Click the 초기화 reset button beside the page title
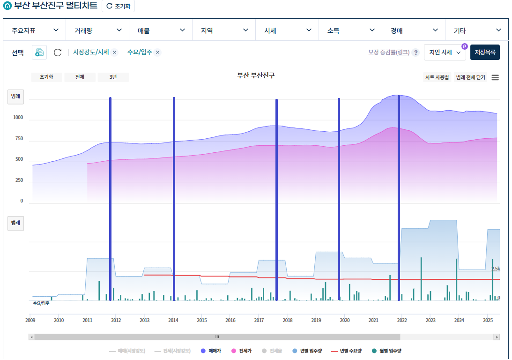(118, 6)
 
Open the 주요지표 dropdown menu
(34, 30)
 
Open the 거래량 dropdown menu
(97, 30)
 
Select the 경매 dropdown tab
(414, 30)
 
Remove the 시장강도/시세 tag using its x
(114, 52)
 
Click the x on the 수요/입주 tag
(158, 52)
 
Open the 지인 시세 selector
(445, 52)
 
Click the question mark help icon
(416, 52)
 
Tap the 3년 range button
(113, 77)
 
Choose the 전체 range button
(80, 77)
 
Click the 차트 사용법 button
(437, 77)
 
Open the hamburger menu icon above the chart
(495, 77)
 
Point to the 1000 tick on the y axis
(18, 118)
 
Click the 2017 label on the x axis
(259, 321)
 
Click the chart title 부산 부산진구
(256, 75)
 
